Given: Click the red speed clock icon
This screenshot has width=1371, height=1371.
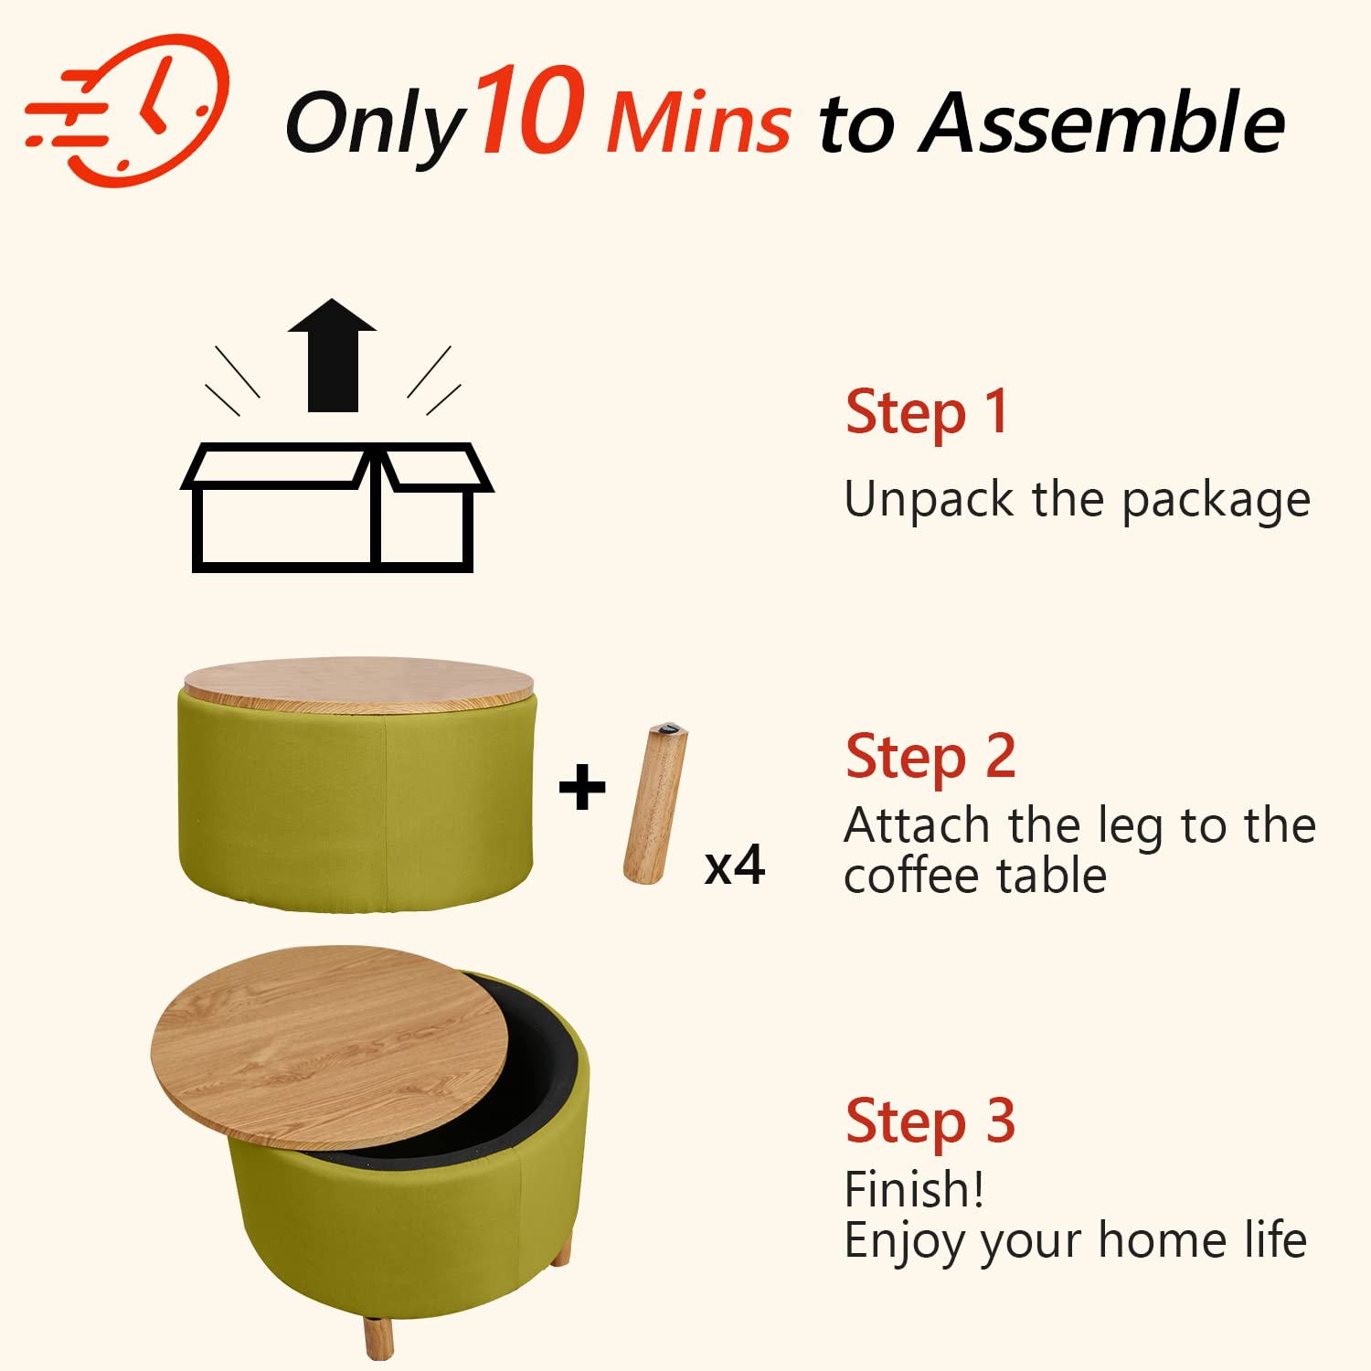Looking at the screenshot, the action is pyautogui.click(x=128, y=110).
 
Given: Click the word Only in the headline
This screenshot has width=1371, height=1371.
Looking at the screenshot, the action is pyautogui.click(x=376, y=125).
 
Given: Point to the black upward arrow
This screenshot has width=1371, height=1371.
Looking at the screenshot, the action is pyautogui.click(x=332, y=355).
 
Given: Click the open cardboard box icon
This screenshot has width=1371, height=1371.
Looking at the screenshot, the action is pyautogui.click(x=336, y=507).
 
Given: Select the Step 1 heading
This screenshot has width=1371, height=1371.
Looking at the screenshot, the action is pyautogui.click(x=927, y=413).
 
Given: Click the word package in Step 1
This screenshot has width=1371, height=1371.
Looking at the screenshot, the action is pyautogui.click(x=1217, y=502).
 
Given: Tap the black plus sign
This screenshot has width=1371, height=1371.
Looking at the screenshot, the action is pyautogui.click(x=582, y=788).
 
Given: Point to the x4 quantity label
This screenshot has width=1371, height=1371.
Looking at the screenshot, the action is pyautogui.click(x=734, y=865).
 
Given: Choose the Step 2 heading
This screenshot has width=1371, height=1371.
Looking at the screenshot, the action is pyautogui.click(x=930, y=758).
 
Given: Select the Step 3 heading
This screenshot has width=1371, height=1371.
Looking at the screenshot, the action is pyautogui.click(x=930, y=1121).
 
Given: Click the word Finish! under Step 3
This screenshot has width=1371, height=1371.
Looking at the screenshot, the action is pyautogui.click(x=914, y=1190).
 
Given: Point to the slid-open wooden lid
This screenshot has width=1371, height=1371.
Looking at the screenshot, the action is pyautogui.click(x=329, y=1047).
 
